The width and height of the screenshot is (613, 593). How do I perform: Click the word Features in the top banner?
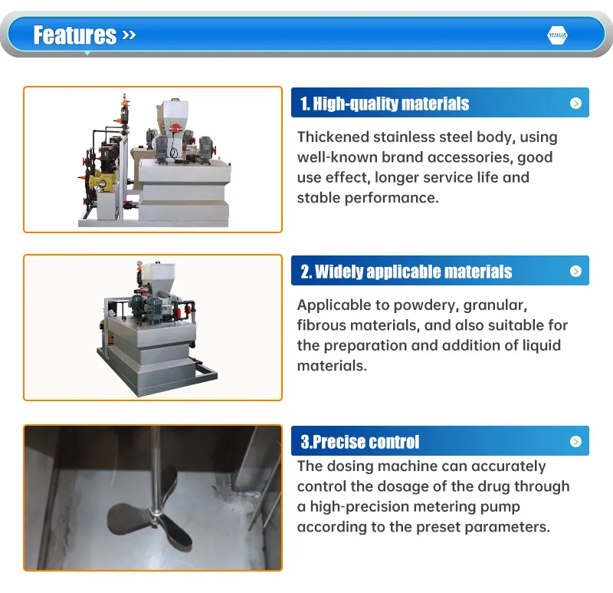point(74,35)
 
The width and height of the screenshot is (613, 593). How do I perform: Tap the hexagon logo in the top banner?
point(557,35)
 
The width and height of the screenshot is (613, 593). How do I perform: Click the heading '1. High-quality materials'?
point(385,104)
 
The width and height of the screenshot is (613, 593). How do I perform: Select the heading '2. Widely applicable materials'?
point(406,272)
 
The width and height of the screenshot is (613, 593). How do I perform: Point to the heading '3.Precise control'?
point(360,442)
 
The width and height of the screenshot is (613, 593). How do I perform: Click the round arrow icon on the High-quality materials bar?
point(575,104)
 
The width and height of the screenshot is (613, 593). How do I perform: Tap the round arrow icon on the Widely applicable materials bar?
point(575,272)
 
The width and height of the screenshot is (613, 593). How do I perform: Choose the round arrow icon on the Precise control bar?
point(575,442)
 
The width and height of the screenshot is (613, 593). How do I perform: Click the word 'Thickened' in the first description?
point(332,137)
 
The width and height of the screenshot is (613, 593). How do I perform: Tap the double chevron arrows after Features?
point(128,35)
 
